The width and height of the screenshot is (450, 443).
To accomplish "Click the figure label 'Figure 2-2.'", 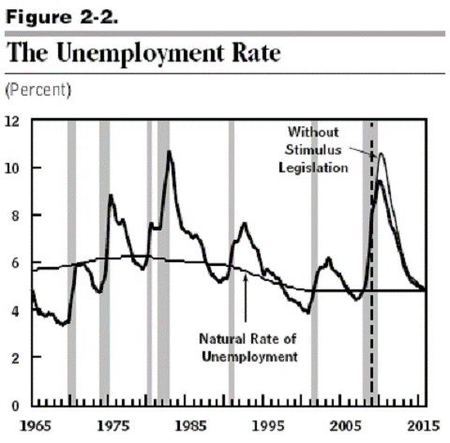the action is [62, 17].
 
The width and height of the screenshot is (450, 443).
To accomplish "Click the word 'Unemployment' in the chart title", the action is [140, 53].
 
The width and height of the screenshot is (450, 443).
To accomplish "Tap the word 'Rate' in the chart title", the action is [256, 52].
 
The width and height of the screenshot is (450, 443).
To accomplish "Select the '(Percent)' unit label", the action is [38, 90].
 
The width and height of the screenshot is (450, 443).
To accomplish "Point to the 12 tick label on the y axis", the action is [12, 122].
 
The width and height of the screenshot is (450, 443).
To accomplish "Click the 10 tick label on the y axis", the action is [12, 169].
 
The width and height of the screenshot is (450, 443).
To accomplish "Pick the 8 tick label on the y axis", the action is [15, 215].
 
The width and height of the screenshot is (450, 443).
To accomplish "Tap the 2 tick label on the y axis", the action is [15, 358].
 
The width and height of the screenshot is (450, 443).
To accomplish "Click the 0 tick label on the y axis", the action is [15, 406].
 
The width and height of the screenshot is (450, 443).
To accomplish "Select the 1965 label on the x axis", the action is [36, 426].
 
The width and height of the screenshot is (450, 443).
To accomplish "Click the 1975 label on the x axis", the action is [113, 426].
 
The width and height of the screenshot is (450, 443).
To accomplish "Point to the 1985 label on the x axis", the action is [190, 426].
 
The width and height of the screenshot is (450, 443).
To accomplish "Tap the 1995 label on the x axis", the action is [268, 426].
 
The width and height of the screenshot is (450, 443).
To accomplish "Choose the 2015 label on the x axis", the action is [424, 426].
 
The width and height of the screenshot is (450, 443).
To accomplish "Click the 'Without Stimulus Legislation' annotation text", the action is [313, 150].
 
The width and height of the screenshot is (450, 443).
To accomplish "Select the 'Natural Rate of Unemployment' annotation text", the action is [248, 347].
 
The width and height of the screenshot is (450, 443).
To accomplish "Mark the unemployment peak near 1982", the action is [169, 152].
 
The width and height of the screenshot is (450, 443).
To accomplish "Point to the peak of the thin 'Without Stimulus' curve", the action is [382, 154].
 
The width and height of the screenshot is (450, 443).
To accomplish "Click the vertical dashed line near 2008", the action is [371, 262].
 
